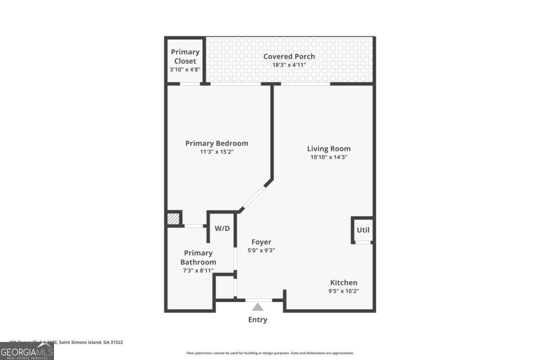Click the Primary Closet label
point(185,56)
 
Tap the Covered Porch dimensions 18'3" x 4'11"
point(289,65)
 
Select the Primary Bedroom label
point(216,143)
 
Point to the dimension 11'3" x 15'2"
point(216,152)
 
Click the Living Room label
point(328,148)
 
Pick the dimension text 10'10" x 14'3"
point(328,157)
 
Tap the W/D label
point(222,229)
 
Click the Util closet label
point(363,230)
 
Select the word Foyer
point(261,242)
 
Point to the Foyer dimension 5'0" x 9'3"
point(261,251)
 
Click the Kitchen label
point(344,283)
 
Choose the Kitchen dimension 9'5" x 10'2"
point(344,291)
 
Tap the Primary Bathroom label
point(198,257)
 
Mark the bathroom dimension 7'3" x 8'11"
point(198,270)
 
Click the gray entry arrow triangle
point(257,307)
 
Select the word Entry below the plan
point(257,320)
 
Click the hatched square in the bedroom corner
point(173,219)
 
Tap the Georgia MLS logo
point(27,351)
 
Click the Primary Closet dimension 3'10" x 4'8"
point(185,70)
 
